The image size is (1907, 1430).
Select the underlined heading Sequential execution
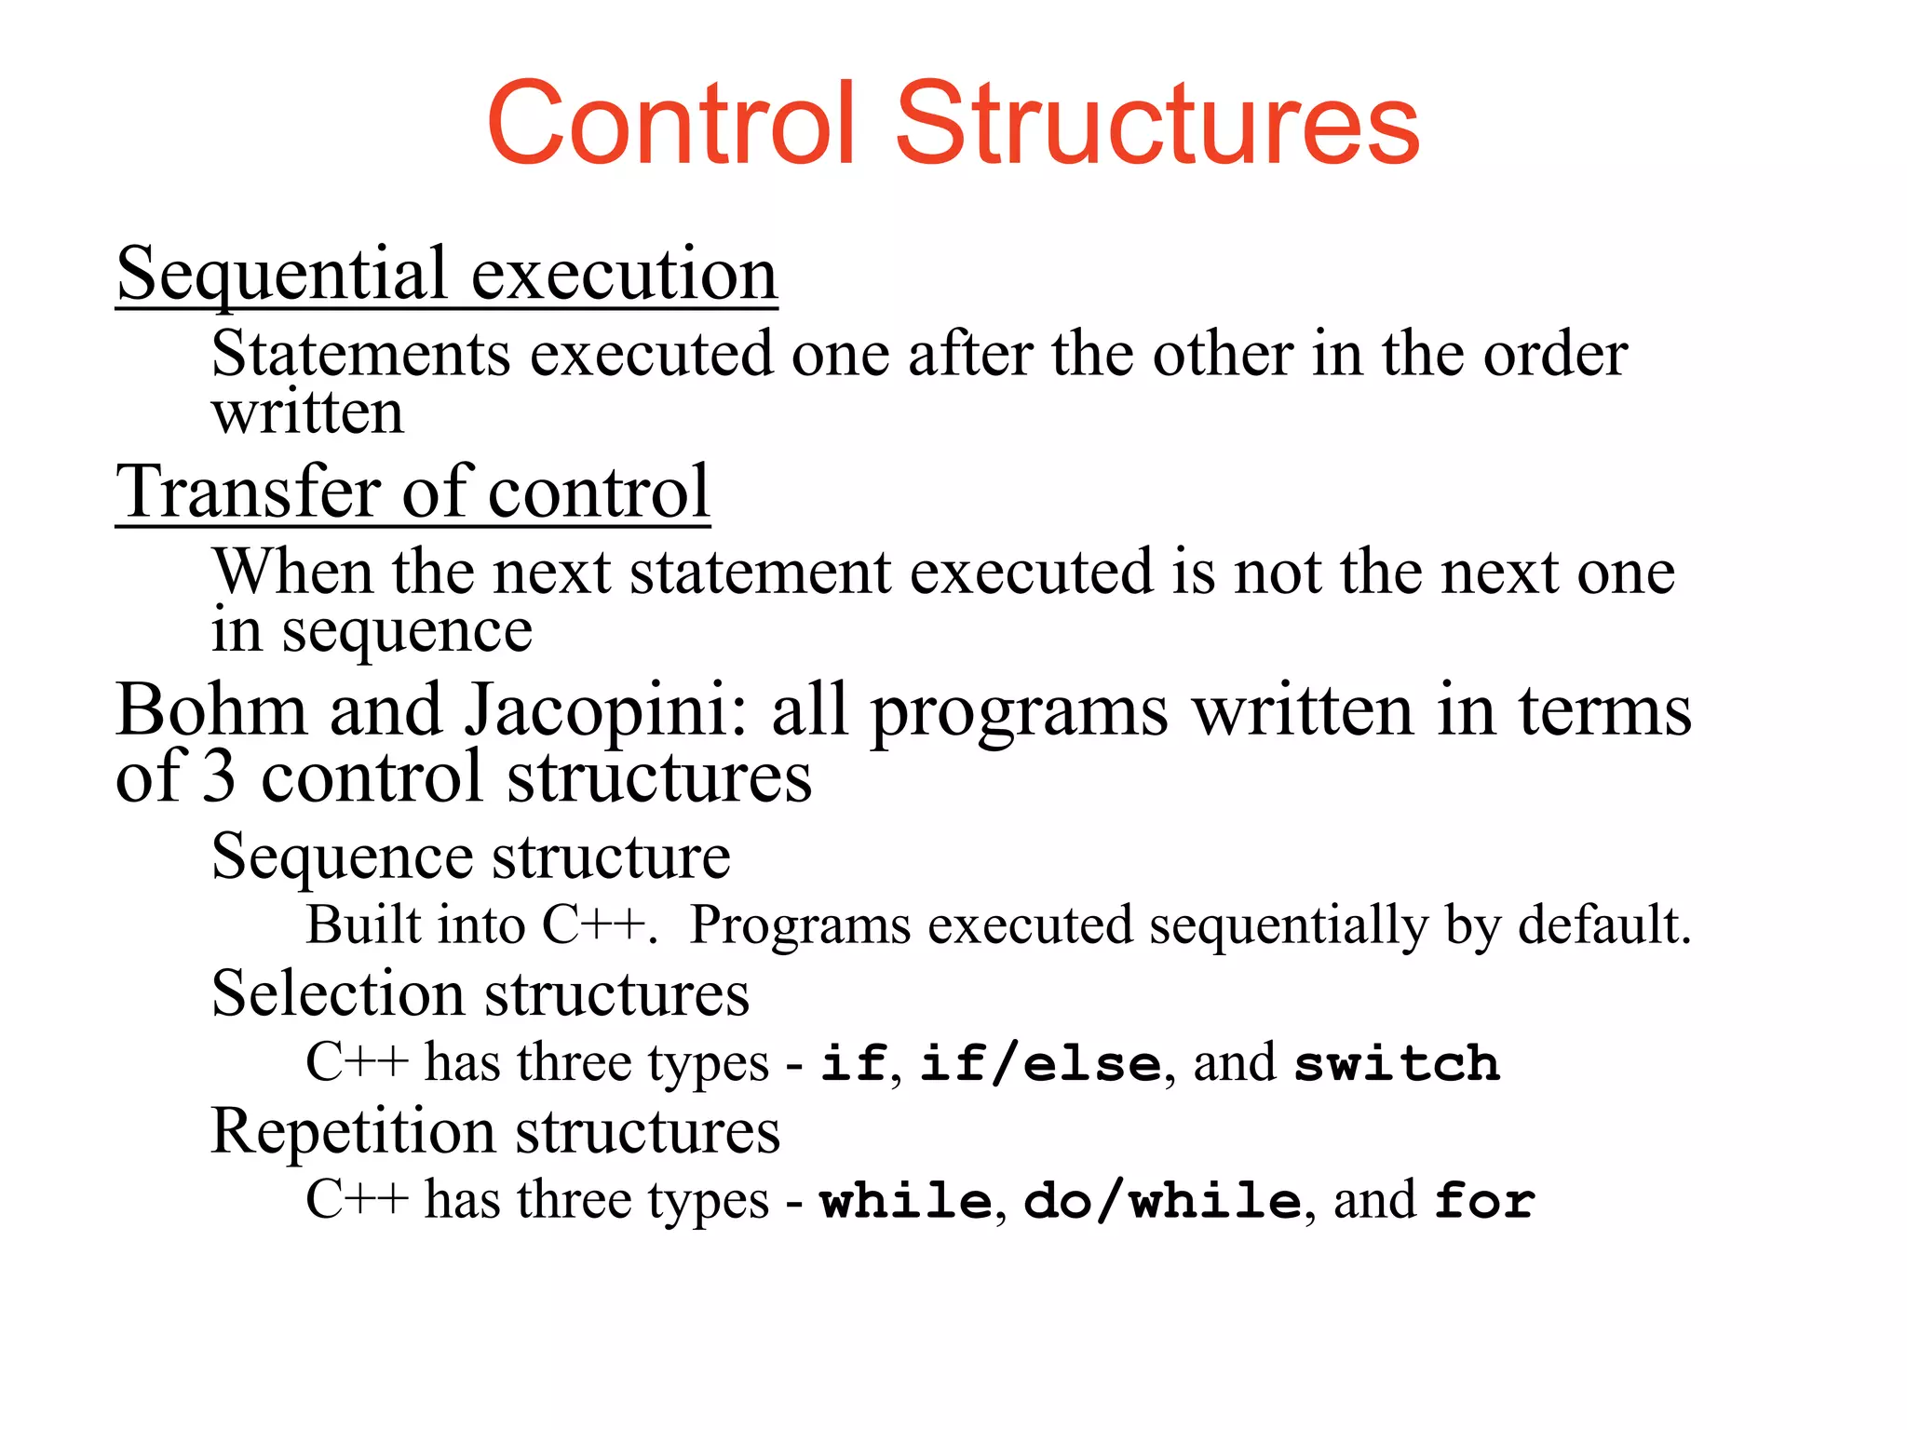(x=446, y=275)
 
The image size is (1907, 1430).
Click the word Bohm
(x=211, y=710)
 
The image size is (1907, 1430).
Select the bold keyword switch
(x=1397, y=1063)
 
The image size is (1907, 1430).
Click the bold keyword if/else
(x=1040, y=1063)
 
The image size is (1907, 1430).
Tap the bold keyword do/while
(x=1161, y=1200)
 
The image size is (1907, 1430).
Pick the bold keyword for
(x=1484, y=1200)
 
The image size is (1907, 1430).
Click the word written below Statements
(x=308, y=412)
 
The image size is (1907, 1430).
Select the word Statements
(x=361, y=355)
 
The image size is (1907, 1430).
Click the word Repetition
(x=353, y=1132)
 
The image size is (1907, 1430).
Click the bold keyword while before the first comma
(x=905, y=1200)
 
